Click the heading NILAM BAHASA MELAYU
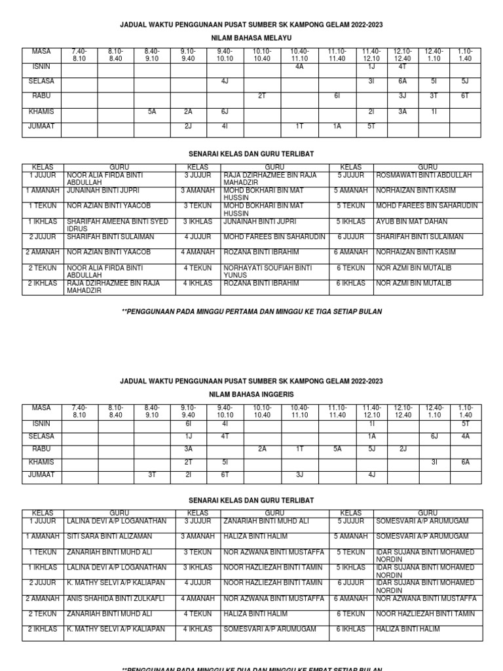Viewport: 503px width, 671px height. coord(251,38)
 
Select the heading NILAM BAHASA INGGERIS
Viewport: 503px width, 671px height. coord(251,394)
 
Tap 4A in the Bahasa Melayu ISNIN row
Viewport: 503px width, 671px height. coord(299,66)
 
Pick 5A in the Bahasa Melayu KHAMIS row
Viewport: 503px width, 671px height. coord(152,111)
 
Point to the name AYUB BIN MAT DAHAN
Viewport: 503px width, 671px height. coord(411,221)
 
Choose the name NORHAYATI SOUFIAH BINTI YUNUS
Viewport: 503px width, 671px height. coord(268,271)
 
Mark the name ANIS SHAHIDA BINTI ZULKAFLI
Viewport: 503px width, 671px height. coord(115,598)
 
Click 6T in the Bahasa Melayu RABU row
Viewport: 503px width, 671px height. coord(465,96)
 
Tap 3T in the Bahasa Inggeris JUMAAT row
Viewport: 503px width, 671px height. coord(152,474)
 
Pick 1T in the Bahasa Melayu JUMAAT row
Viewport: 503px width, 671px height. coord(299,126)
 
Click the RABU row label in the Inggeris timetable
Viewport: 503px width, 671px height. coord(41,449)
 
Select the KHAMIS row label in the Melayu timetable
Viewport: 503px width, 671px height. coord(41,111)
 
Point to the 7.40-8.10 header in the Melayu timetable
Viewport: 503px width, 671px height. coord(79,54)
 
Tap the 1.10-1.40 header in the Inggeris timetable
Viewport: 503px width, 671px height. coord(465,412)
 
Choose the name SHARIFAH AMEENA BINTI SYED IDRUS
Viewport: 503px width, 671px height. coord(118,225)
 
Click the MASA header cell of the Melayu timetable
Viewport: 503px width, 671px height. coord(41,51)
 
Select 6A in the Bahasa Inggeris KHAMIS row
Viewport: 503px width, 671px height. coord(465,462)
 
